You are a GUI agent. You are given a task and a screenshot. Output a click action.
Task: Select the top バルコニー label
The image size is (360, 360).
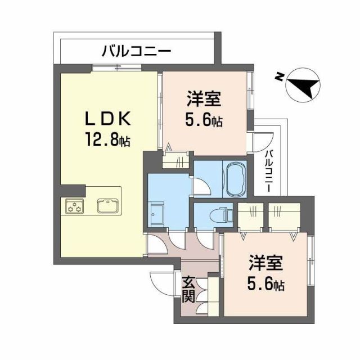(136, 53)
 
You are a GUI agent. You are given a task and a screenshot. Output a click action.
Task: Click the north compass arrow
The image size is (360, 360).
(304, 87)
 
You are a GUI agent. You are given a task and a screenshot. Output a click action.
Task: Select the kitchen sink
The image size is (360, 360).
(107, 205)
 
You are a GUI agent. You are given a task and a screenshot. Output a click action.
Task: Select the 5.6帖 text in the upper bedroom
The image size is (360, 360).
(204, 120)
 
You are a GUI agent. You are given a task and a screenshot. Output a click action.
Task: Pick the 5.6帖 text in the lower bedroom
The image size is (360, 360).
(266, 284)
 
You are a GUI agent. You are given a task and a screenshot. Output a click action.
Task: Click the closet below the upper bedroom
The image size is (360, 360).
(176, 160)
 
